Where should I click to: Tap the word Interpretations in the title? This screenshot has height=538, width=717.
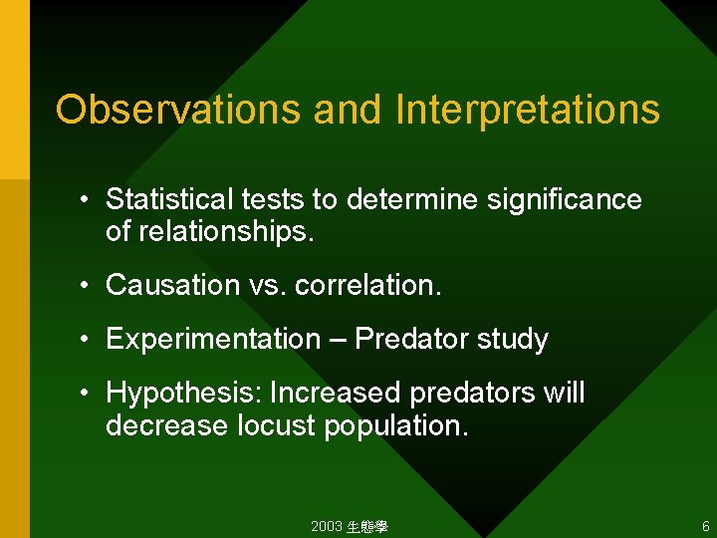[x=527, y=110]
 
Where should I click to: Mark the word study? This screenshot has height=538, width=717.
[x=512, y=340]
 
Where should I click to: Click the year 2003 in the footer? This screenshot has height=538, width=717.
[x=326, y=526]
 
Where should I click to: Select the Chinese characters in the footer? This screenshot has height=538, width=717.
[x=366, y=526]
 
